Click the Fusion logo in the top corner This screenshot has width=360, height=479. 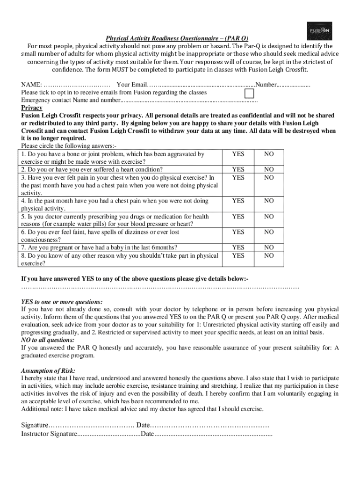click(319, 31)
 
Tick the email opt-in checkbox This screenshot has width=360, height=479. click(250, 94)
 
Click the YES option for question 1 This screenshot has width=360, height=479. click(238, 154)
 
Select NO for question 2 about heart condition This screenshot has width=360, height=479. click(269, 169)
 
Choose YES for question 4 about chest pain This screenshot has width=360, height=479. click(238, 201)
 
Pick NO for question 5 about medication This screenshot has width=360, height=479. click(269, 217)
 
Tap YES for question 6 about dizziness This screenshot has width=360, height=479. click(238, 232)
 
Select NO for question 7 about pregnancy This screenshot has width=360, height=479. click(269, 247)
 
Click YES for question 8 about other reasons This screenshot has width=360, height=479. click(238, 255)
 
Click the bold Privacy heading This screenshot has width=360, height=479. click(32, 108)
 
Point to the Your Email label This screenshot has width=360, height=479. click(132, 85)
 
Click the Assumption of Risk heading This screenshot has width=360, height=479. click(48, 370)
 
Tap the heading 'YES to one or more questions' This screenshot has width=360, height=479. click(62, 302)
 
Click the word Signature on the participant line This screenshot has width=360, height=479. click(35, 425)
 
